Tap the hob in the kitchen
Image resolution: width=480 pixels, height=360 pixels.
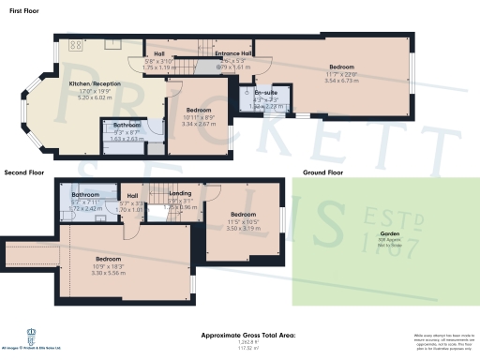click(74, 44)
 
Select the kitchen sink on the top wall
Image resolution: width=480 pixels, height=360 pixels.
click(111, 42)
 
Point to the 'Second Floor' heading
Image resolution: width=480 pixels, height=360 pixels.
click(25, 173)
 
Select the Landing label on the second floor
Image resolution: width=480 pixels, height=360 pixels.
click(180, 193)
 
